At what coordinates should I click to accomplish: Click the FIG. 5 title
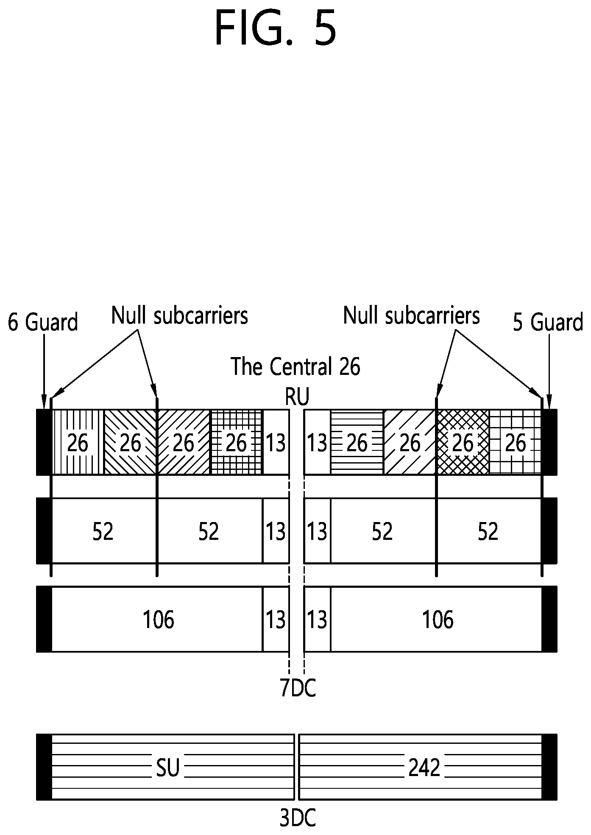(276, 28)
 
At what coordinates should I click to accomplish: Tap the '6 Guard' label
(43, 322)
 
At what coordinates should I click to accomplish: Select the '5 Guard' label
(548, 322)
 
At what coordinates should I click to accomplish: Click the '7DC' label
(298, 689)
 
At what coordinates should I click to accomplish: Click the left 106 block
(157, 620)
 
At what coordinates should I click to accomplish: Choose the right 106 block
(436, 620)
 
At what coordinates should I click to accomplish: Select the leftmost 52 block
(104, 531)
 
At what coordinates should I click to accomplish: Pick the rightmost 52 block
(489, 531)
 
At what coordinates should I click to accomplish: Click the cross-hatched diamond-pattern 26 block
(463, 442)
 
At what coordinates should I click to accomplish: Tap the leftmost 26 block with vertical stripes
(78, 442)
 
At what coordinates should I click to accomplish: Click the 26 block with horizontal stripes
(357, 442)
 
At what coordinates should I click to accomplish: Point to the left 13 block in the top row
(276, 442)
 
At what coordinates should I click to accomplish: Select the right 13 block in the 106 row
(318, 620)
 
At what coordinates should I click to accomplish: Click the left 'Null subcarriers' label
(179, 316)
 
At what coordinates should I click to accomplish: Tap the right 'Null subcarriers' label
(411, 316)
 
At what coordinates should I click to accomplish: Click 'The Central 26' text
(295, 367)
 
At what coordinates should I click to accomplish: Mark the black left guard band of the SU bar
(44, 767)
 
